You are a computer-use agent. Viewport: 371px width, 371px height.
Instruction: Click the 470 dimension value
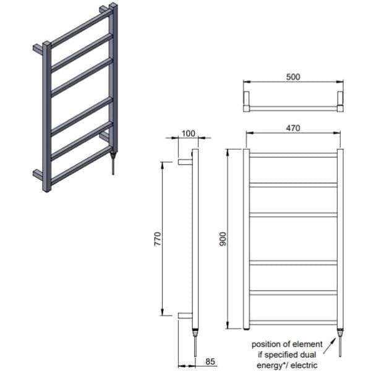click(292, 128)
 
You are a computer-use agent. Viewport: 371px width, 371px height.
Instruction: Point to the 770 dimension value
click(158, 238)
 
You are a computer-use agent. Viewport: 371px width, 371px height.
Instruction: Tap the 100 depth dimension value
click(189, 133)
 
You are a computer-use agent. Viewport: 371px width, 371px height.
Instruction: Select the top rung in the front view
click(293, 155)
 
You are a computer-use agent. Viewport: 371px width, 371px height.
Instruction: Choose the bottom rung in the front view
click(293, 322)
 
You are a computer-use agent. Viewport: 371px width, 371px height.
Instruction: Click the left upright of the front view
click(246, 239)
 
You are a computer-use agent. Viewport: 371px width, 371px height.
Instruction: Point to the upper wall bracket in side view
click(184, 162)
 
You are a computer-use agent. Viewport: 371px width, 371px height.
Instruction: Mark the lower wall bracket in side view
click(184, 315)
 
